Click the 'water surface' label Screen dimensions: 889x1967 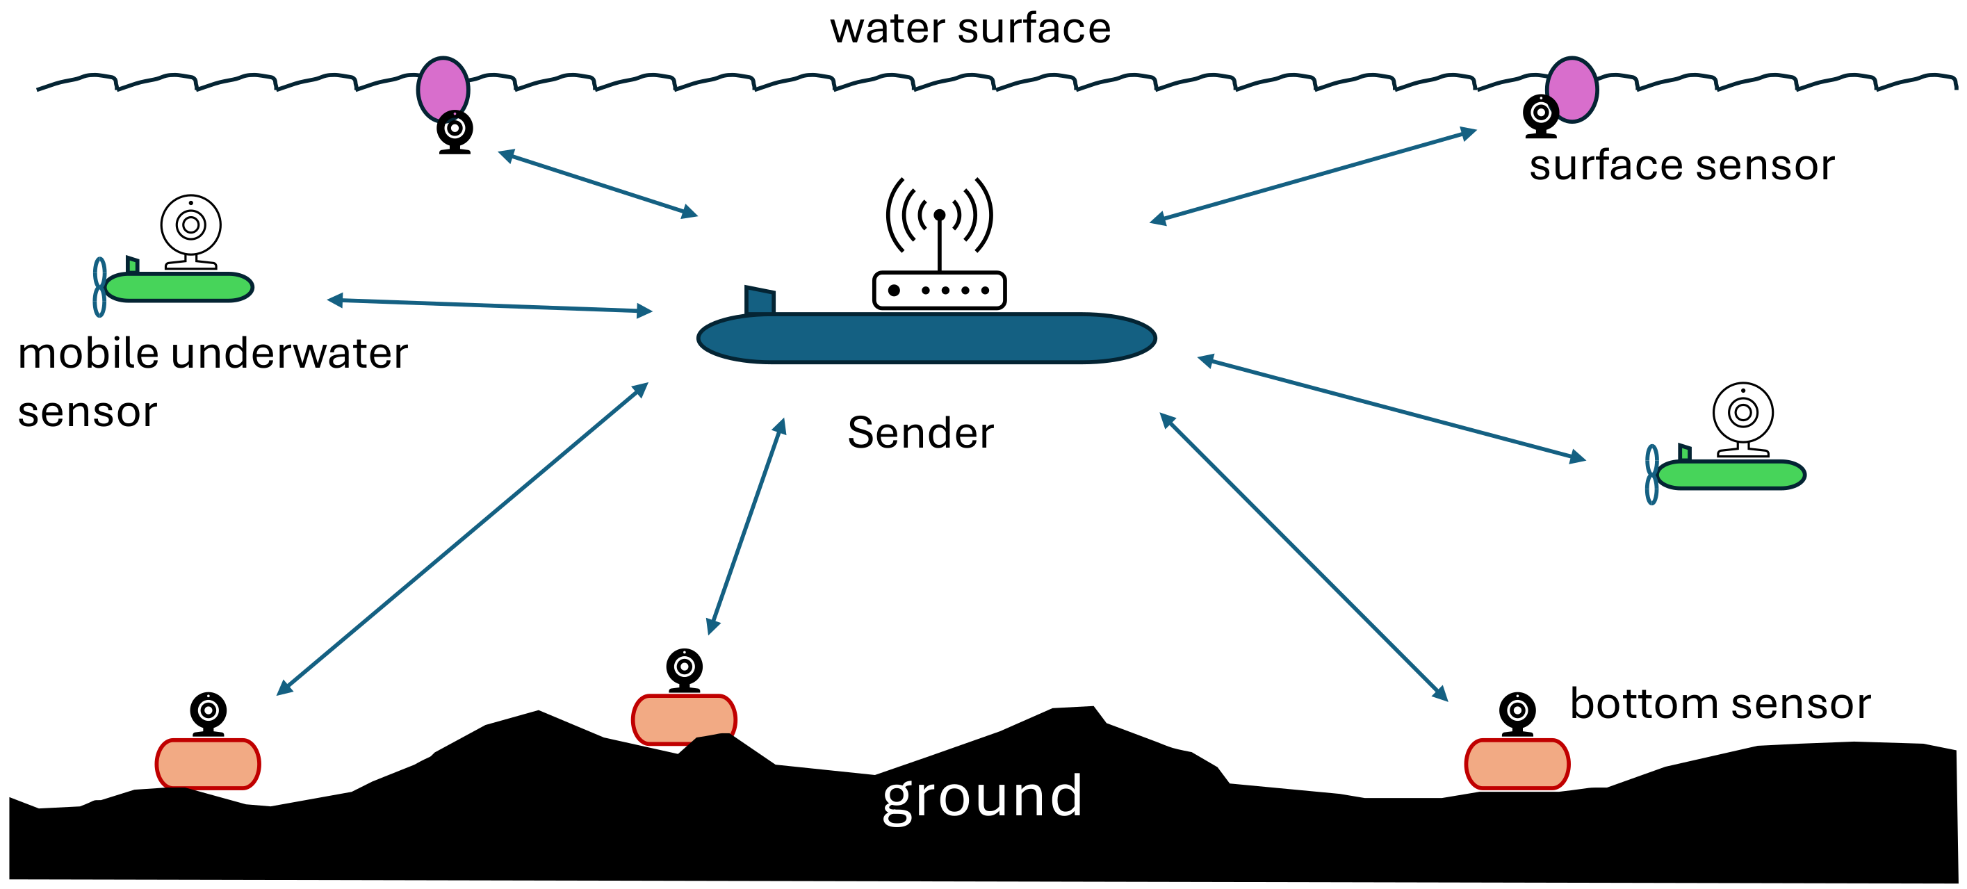click(x=970, y=29)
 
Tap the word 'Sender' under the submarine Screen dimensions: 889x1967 click(x=920, y=433)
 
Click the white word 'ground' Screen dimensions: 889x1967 click(x=982, y=797)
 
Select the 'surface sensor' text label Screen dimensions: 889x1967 click(x=1681, y=165)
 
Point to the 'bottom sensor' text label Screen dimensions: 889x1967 click(x=1720, y=703)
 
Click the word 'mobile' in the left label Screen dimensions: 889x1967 click(x=85, y=354)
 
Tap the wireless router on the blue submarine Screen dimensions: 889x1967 click(x=939, y=291)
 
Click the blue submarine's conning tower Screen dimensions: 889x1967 click(x=759, y=300)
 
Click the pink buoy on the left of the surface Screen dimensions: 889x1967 click(x=443, y=87)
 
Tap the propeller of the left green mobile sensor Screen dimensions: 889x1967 click(x=99, y=287)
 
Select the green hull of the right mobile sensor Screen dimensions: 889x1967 click(x=1732, y=475)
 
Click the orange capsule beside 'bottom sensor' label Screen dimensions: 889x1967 click(x=1517, y=764)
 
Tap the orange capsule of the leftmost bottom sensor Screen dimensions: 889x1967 click(x=208, y=764)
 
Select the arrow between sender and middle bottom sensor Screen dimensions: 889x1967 click(x=746, y=527)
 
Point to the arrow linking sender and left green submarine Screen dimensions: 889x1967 click(x=489, y=306)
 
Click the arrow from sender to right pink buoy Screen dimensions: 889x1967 click(x=1314, y=177)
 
